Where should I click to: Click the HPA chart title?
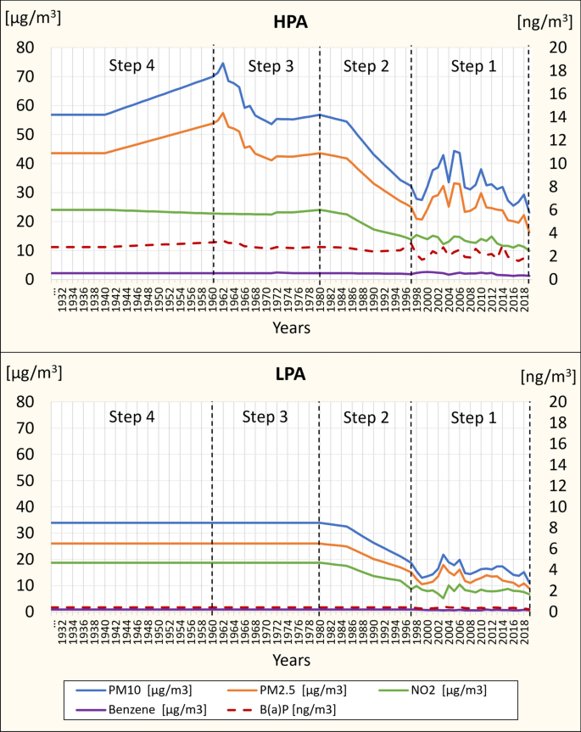pos(290,22)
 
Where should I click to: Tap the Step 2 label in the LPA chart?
pos(366,416)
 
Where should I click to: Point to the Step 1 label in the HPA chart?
pos(474,65)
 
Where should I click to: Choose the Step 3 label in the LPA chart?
pos(265,416)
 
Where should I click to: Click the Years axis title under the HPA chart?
pos(290,327)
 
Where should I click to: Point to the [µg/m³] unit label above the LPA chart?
pos(32,371)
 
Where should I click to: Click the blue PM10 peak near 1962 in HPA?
pos(222,63)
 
